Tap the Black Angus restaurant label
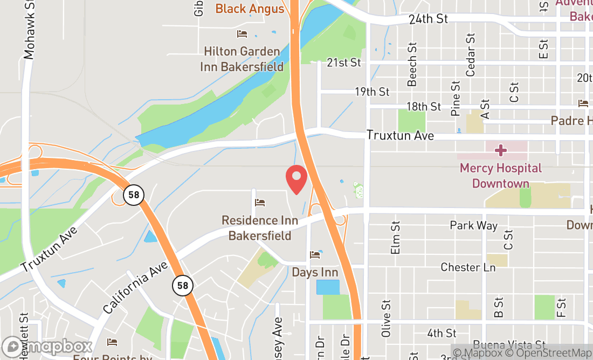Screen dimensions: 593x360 pos(250,9)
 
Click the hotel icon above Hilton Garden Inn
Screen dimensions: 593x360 pos(242,34)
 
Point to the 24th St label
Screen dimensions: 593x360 pos(428,19)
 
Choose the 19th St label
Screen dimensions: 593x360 pos(372,92)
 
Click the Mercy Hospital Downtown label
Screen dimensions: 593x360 pos(500,176)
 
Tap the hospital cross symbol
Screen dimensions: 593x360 pos(501,149)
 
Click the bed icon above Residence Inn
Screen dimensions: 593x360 pos(260,203)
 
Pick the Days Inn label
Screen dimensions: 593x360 pos(315,272)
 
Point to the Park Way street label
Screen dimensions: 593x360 pos(473,225)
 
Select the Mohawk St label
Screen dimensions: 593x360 pos(29,30)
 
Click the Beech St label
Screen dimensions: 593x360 pos(412,65)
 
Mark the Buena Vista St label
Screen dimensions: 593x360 pos(509,345)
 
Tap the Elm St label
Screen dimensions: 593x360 pos(396,237)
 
